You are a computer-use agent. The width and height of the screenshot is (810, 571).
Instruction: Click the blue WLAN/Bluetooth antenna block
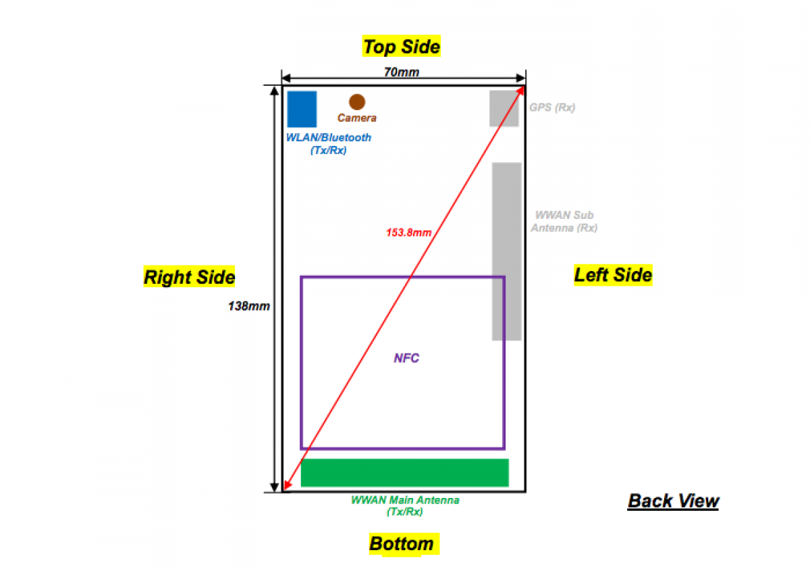click(x=302, y=109)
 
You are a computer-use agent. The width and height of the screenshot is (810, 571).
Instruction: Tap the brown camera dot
click(x=357, y=101)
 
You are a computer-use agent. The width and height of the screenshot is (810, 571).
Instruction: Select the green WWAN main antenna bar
click(x=404, y=472)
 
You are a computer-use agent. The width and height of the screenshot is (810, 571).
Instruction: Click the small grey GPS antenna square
click(x=504, y=108)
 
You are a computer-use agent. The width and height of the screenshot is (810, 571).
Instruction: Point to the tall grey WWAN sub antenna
click(x=506, y=251)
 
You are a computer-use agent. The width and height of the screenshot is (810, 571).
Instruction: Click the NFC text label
click(x=406, y=358)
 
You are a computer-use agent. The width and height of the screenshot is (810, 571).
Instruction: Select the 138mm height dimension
click(x=249, y=306)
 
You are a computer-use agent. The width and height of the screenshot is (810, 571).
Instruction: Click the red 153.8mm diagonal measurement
click(x=408, y=232)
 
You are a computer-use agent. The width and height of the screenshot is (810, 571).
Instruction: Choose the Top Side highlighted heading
click(x=402, y=47)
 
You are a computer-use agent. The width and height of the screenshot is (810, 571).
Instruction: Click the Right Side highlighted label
click(x=189, y=277)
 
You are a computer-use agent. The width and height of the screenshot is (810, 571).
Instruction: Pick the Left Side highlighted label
click(x=613, y=275)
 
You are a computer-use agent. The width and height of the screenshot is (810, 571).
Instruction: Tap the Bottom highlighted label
click(x=402, y=544)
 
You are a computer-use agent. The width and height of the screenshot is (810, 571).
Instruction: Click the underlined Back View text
click(x=673, y=501)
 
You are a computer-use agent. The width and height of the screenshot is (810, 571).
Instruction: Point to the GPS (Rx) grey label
click(x=552, y=107)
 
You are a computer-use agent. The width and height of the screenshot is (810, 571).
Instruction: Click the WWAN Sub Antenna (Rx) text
click(x=564, y=222)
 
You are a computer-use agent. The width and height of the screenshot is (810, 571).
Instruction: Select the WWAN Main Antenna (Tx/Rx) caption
click(x=405, y=506)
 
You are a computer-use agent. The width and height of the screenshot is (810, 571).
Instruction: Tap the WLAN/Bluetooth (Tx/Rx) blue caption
click(x=329, y=144)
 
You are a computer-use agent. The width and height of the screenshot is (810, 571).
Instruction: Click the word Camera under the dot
click(x=357, y=118)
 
